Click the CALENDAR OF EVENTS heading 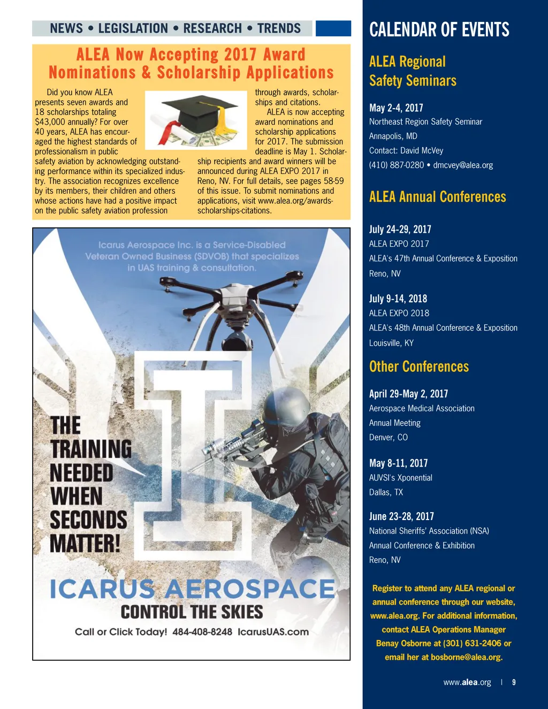tap(439, 30)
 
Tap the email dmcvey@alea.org tap(463, 165)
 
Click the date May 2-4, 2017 tap(396, 108)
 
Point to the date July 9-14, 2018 tap(398, 299)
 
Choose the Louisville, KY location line tap(391, 343)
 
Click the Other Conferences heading tap(419, 367)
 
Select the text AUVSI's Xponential tap(400, 478)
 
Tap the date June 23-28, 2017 tap(401, 516)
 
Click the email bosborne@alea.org tap(466, 657)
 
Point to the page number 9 tap(514, 682)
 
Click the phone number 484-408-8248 tap(202, 632)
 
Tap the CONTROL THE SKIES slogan tap(192, 612)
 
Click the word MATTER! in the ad tap(85, 543)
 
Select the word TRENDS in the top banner tap(279, 28)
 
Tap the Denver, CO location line tap(388, 438)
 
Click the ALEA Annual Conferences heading tap(437, 197)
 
